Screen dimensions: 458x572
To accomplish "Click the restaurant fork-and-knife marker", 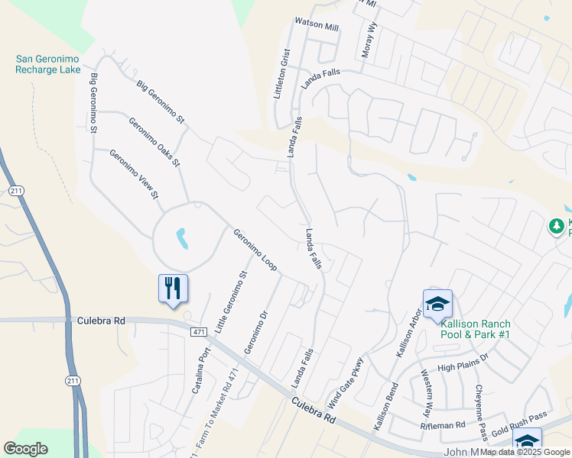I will (173, 289).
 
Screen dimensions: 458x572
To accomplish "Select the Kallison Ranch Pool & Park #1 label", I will (475, 329).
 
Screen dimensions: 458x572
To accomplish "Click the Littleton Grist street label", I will (282, 73).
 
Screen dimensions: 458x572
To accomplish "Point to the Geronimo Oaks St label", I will (154, 142).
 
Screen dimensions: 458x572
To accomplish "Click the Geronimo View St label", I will (133, 174).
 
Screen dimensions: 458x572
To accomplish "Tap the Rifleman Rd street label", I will (444, 425).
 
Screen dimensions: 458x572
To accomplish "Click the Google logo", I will (26, 449).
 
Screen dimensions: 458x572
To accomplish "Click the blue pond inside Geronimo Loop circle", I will (182, 239).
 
